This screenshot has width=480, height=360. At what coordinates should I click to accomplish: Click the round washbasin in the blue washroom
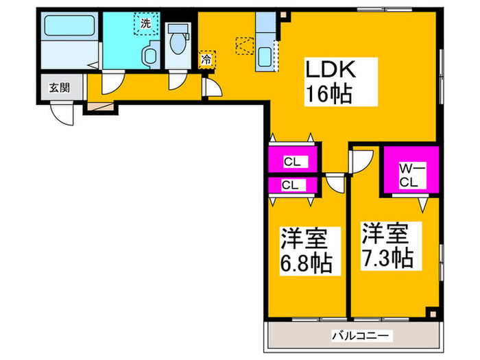(148, 56)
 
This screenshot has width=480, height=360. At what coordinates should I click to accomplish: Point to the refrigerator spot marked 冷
(206, 60)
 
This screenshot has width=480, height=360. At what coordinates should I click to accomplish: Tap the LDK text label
(330, 69)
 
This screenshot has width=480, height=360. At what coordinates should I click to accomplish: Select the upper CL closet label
(291, 162)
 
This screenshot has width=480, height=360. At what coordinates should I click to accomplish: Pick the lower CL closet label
(290, 184)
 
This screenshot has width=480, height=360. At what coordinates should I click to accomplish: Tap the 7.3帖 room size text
(387, 257)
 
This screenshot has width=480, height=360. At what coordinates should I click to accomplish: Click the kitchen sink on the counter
(265, 56)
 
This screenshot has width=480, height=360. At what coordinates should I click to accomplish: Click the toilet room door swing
(178, 80)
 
